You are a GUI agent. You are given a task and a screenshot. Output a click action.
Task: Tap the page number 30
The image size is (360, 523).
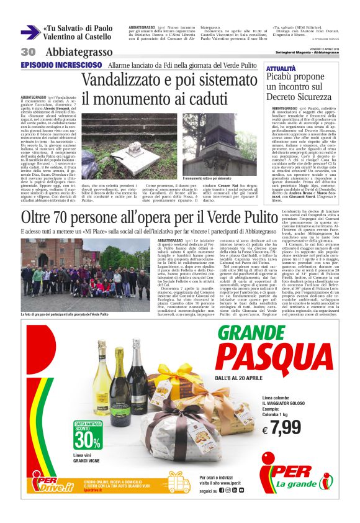coord(28,52)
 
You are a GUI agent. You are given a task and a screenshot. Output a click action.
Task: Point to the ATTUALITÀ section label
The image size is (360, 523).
coord(281,68)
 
